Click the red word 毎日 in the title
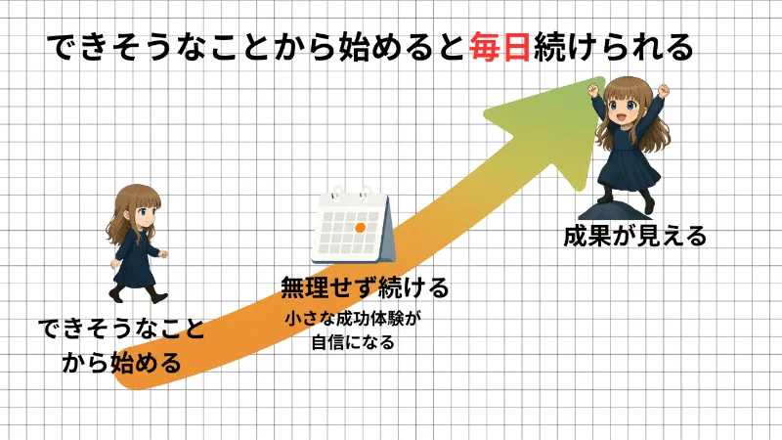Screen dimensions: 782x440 [500, 47]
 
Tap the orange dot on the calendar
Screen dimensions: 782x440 [360, 228]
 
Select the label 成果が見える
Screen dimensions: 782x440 [634, 236]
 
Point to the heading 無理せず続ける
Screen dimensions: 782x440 [365, 287]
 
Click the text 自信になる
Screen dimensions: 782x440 [353, 343]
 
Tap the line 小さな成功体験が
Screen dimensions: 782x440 [352, 319]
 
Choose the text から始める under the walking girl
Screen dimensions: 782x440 [121, 362]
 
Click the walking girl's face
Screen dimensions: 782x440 [145, 211]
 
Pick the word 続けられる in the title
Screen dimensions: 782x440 [613, 47]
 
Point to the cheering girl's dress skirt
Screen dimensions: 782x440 [630, 170]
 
